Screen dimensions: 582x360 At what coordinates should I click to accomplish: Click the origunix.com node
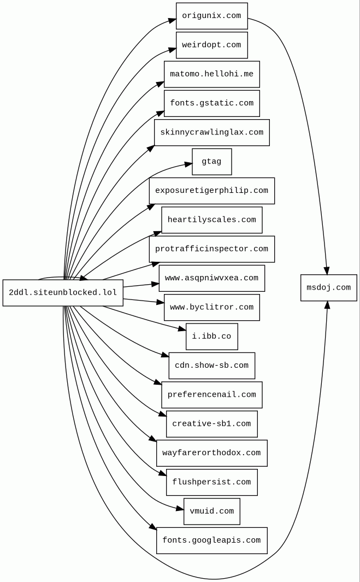coord(211,16)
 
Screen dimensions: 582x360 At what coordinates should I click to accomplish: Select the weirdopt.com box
coord(211,45)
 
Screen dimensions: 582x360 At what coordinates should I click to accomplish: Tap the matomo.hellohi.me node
coord(211,74)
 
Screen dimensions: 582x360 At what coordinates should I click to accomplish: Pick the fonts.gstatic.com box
coord(211,103)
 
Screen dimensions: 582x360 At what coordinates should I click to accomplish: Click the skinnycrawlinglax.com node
coord(211,132)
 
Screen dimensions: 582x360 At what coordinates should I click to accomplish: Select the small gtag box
coord(211,162)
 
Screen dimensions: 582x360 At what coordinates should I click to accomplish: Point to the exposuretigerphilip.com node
coord(211,191)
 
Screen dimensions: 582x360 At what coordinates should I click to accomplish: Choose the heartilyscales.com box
coord(211,220)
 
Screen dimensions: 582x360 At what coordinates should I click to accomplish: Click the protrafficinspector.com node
coord(211,249)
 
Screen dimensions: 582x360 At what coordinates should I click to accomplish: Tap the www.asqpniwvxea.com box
coord(211,278)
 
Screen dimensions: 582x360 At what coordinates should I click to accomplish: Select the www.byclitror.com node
coord(211,307)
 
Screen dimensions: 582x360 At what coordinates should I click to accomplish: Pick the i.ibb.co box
coord(211,337)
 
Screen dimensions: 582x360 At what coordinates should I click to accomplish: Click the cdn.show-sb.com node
coord(211,366)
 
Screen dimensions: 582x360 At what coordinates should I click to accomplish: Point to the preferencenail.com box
coord(211,395)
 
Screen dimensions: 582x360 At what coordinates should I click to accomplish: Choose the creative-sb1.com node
coord(211,424)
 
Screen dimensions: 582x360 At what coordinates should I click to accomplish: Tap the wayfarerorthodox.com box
coord(211,453)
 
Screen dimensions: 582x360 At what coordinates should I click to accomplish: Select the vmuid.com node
coord(211,512)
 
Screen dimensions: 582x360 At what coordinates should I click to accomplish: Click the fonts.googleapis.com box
coord(211,540)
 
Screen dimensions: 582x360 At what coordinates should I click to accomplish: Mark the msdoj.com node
coord(328,287)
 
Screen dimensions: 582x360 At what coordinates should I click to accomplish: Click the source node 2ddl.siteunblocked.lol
coord(63,293)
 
